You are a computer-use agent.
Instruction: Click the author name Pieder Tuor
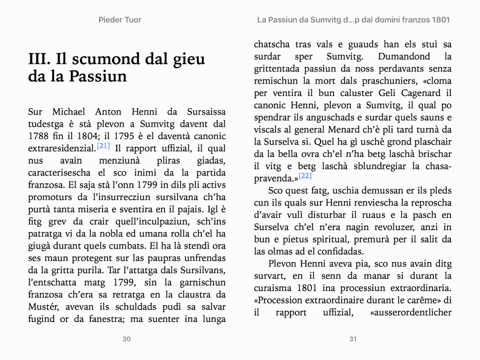click(120, 20)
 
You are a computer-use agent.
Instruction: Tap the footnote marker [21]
click(103, 146)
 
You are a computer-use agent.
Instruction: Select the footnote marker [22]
click(305, 176)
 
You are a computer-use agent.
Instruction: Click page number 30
click(127, 338)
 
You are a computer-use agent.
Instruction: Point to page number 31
click(353, 338)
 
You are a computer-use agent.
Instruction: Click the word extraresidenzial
click(62, 148)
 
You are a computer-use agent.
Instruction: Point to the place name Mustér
click(44, 307)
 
